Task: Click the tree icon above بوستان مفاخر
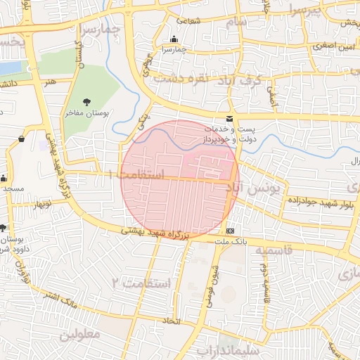pyautogui.click(x=87, y=102)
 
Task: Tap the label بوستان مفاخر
pyautogui.click(x=88, y=112)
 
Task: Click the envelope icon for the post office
pyautogui.click(x=229, y=120)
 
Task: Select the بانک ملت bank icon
pyautogui.click(x=230, y=231)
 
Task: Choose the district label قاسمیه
pyautogui.click(x=272, y=250)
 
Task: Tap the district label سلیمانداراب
pyautogui.click(x=229, y=349)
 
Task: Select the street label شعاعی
pyautogui.click(x=194, y=20)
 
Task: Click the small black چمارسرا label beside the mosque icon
pyautogui.click(x=174, y=50)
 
